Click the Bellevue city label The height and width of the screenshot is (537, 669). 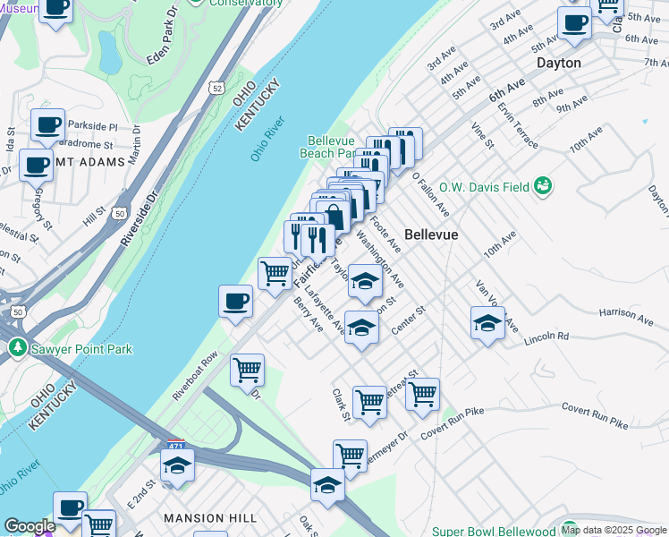pyautogui.click(x=431, y=234)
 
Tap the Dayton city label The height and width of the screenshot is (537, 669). pyautogui.click(x=559, y=64)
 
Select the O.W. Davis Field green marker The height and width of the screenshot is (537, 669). pyautogui.click(x=541, y=186)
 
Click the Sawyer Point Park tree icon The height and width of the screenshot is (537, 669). pyautogui.click(x=15, y=347)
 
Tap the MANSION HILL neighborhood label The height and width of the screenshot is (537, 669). pyautogui.click(x=210, y=518)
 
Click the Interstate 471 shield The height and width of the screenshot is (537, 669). pyautogui.click(x=176, y=445)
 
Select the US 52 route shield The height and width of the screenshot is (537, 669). pyautogui.click(x=216, y=88)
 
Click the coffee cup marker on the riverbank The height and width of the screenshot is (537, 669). pyautogui.click(x=235, y=301)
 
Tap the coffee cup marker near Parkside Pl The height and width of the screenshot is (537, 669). pyautogui.click(x=47, y=124)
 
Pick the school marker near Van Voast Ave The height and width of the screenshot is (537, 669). pyautogui.click(x=488, y=322)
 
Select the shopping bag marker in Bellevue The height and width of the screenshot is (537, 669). pyautogui.click(x=334, y=217)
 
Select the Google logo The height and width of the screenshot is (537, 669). pyautogui.click(x=30, y=527)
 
